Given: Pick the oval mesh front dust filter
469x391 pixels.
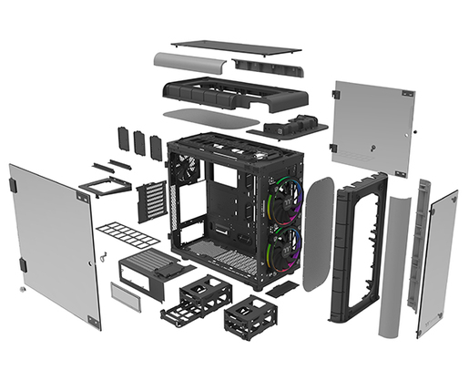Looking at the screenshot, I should coord(318,233).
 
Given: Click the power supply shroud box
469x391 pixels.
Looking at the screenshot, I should coord(151,273).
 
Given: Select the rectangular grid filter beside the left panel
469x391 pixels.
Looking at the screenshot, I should coord(127,235).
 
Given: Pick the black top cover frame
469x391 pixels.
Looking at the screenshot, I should coord(234,93).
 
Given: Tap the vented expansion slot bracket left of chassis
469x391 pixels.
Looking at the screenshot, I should coord(153,201).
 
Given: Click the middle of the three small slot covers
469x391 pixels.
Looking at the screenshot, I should coord(139,142).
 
